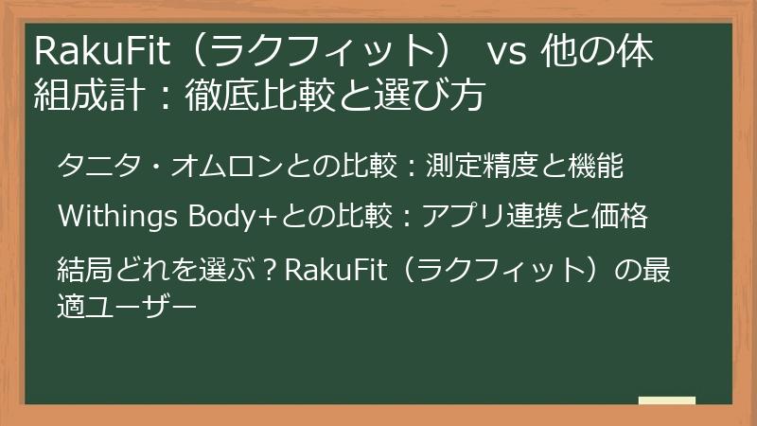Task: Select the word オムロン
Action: pos(214,168)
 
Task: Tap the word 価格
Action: pos(620,217)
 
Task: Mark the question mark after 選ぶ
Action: pos(268,267)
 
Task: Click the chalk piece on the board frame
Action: pos(667,400)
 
